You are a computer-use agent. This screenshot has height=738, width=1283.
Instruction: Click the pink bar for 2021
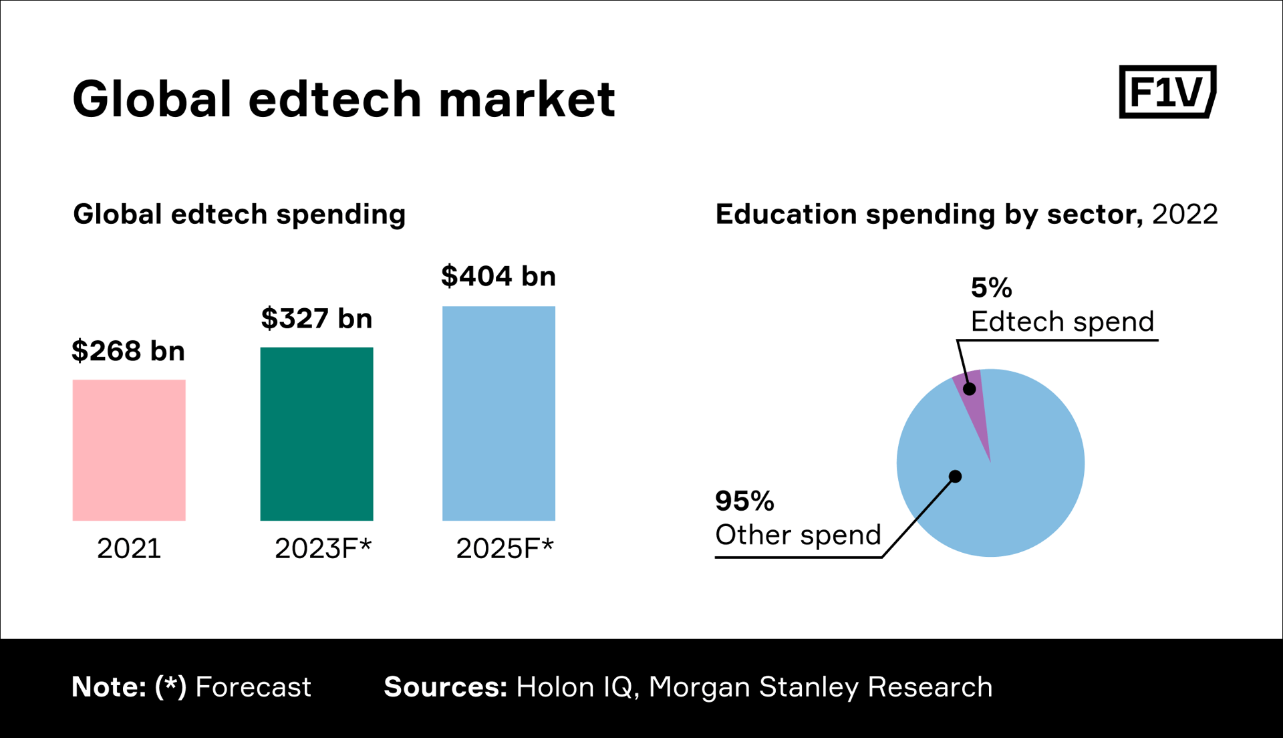[129, 450]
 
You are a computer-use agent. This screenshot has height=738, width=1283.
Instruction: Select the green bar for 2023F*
[317, 433]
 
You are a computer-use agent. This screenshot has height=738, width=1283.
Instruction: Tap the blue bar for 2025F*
[498, 413]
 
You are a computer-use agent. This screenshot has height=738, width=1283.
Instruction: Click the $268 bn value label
[128, 351]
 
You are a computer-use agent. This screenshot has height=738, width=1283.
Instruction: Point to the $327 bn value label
[317, 318]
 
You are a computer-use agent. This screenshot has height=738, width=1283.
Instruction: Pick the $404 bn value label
[498, 276]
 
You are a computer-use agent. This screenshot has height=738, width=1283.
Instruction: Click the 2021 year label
[129, 548]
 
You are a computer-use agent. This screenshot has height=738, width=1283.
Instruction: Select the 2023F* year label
[323, 548]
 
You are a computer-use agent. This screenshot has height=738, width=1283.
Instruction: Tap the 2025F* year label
[505, 548]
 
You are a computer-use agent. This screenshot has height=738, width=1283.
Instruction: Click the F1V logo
[1167, 92]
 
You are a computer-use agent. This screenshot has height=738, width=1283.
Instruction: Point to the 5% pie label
[991, 288]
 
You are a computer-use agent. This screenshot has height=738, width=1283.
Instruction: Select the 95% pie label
[744, 501]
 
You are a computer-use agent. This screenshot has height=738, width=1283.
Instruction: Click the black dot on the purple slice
[970, 389]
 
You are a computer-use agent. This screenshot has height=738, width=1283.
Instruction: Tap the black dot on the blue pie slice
[956, 477]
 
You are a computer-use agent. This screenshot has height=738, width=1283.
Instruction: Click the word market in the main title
[527, 99]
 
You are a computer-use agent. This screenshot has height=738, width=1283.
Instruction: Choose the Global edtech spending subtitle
[239, 215]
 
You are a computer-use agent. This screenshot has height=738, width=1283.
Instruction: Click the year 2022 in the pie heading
[1185, 215]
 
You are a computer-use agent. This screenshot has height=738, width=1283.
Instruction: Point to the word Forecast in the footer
[253, 687]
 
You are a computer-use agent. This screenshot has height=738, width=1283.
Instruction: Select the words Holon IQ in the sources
[574, 687]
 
